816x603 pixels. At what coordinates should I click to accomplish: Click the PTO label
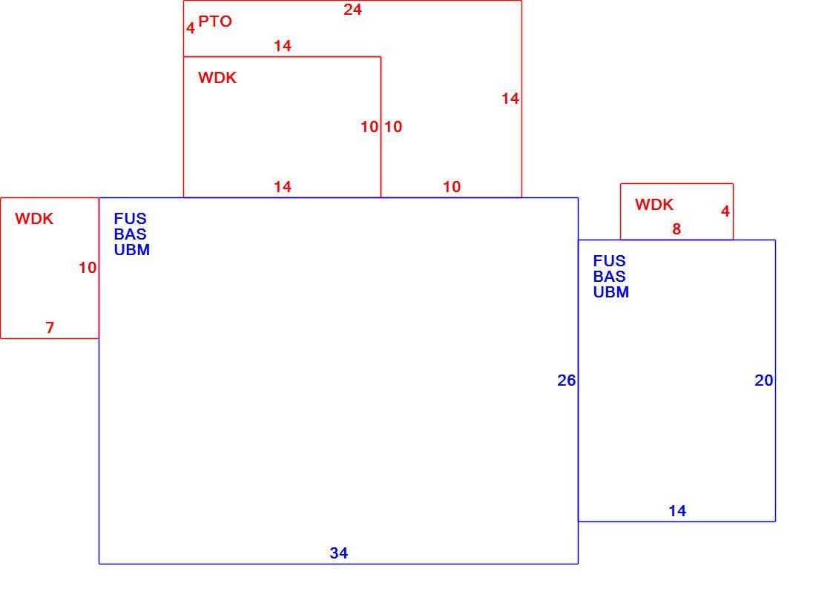[215, 22]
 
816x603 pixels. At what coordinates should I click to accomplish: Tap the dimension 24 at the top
[352, 10]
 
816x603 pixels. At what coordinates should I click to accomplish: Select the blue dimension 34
[339, 553]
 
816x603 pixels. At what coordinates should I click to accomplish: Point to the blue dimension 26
[566, 380]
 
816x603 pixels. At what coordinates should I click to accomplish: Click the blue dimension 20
[763, 380]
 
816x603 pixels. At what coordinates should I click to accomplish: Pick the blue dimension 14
[677, 511]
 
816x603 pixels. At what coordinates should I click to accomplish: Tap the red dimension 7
[50, 327]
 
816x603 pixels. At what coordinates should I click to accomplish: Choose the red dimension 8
[677, 228]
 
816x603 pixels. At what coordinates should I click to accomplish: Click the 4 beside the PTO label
[191, 27]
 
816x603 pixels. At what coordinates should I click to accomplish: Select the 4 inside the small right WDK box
[725, 211]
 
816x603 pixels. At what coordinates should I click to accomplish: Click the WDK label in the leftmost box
[34, 219]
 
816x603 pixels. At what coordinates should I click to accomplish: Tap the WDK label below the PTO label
[217, 78]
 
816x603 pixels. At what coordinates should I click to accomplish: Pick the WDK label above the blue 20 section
[654, 205]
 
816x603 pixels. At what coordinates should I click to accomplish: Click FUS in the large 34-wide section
[130, 219]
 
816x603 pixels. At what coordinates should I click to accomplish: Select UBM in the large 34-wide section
[131, 250]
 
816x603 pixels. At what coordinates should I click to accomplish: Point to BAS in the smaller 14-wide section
[609, 276]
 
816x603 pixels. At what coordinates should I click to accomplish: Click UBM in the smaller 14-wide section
[611, 292]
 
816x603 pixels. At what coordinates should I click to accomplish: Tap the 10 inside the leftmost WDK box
[88, 268]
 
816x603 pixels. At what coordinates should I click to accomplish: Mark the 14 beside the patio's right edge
[510, 99]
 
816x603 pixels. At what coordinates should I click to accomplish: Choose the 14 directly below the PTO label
[283, 46]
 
